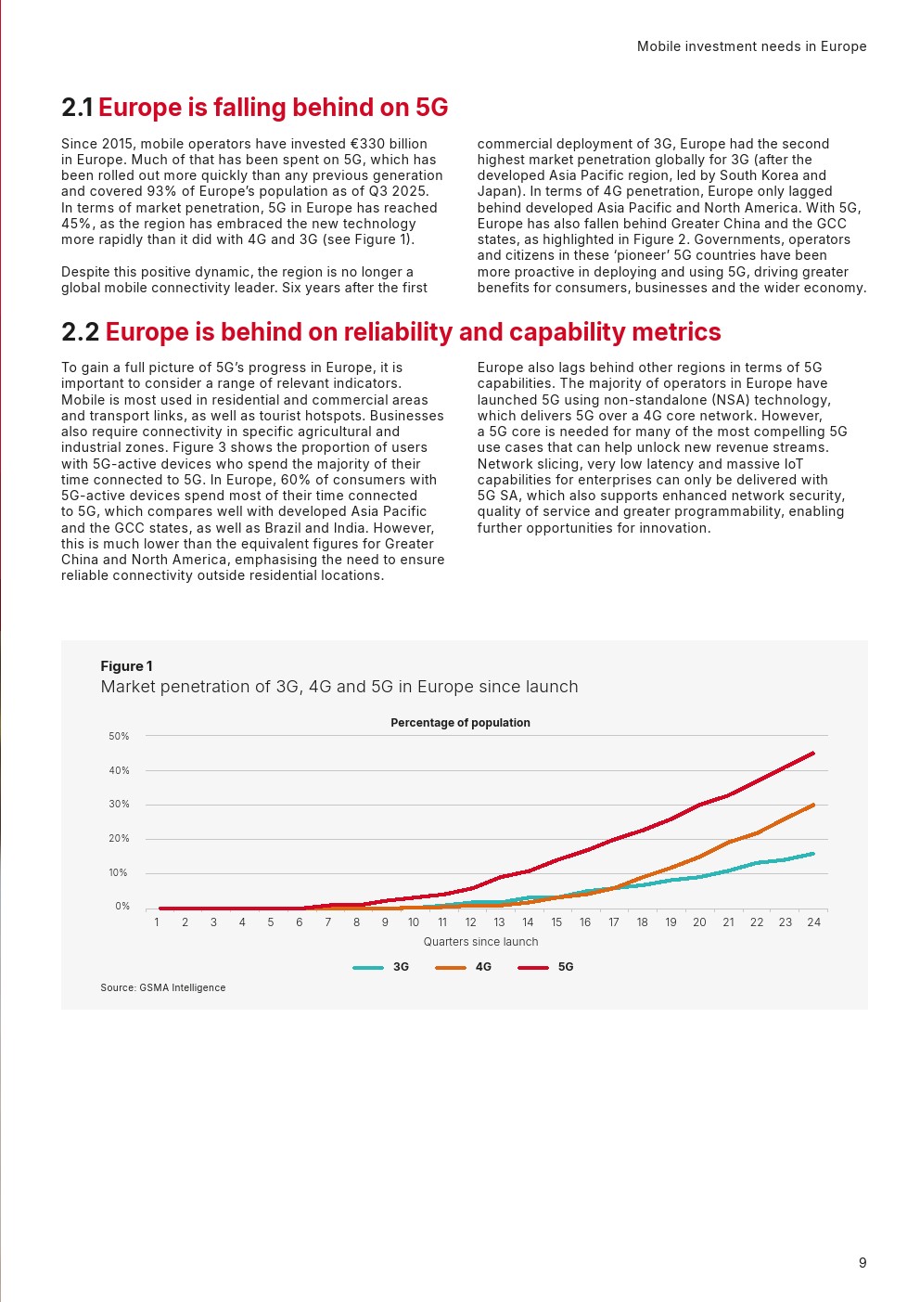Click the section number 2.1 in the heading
click(x=77, y=108)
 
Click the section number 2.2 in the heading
click(x=81, y=332)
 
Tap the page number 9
click(x=862, y=1262)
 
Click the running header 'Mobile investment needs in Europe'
click(x=751, y=46)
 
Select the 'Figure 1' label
click(x=127, y=666)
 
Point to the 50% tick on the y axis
click(x=119, y=736)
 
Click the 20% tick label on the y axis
click(x=119, y=839)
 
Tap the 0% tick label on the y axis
click(x=122, y=906)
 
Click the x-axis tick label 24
click(x=813, y=922)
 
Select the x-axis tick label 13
click(x=499, y=922)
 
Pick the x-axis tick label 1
click(x=157, y=922)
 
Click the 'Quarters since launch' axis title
click(x=480, y=942)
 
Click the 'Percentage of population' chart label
click(x=460, y=723)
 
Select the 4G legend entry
click(x=463, y=967)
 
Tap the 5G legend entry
click(x=545, y=967)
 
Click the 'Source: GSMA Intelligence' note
click(x=162, y=987)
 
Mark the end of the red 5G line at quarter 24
click(x=813, y=754)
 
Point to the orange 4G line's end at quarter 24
click(x=813, y=805)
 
